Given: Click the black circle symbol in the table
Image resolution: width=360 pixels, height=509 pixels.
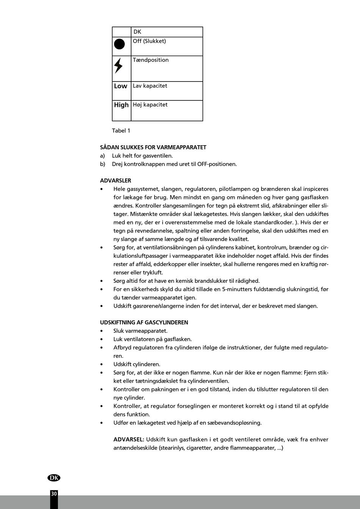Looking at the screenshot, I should point(119,44).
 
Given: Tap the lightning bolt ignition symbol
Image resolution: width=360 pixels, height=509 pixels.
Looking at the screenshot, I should point(119,66).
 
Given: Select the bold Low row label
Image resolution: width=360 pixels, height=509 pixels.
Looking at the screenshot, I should point(121,86).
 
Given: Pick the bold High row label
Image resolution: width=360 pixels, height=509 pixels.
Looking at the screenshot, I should point(121,105).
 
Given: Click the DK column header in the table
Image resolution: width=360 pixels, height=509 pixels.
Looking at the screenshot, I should point(137,32).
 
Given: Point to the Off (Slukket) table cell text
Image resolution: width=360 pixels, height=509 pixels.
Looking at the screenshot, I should point(149,41).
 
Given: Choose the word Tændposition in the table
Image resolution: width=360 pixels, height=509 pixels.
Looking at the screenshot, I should point(150,60).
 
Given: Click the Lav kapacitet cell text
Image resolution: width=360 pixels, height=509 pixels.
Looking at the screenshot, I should point(150,86).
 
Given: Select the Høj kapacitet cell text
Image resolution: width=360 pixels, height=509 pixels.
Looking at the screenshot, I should point(150,105).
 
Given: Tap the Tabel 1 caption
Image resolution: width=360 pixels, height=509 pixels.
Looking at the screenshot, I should point(121,131).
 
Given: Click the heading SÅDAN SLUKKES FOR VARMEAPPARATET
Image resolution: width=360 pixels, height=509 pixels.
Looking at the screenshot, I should point(153,147).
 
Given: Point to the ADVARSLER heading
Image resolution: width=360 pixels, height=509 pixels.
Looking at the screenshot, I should point(116,181).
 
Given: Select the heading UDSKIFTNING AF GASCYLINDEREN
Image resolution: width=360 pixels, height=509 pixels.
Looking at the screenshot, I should point(144,323).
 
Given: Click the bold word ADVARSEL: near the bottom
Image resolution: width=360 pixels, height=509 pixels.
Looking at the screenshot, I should point(129,440).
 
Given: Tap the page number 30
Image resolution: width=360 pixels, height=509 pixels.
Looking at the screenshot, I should point(54,494).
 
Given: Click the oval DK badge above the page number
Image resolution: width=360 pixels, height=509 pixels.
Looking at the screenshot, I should point(54,478).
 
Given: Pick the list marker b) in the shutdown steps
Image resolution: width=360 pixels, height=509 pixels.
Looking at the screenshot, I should point(102,164).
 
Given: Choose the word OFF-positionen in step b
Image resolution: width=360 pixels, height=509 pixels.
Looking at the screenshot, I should point(217,164).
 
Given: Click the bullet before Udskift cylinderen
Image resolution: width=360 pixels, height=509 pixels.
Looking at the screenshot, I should point(102,365).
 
